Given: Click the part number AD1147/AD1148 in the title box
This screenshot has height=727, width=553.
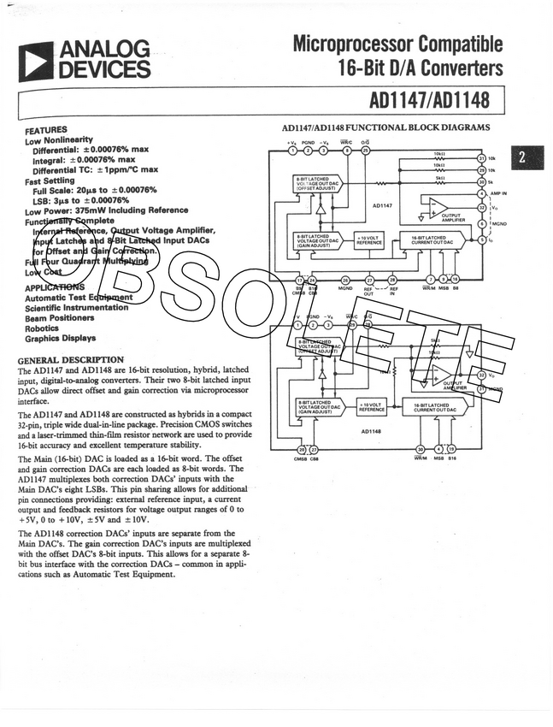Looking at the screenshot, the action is (429, 100).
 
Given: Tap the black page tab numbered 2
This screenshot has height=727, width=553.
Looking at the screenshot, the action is (524, 157).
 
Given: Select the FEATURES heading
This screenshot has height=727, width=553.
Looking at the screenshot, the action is (46, 129).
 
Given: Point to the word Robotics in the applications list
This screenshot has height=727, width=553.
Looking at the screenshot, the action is (42, 328).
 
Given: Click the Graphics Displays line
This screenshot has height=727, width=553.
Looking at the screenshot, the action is (60, 339).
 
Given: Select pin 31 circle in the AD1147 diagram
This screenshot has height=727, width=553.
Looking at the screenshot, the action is (481, 158).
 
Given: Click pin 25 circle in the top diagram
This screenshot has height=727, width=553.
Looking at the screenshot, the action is (366, 151).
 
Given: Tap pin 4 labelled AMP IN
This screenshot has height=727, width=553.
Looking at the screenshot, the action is (481, 193).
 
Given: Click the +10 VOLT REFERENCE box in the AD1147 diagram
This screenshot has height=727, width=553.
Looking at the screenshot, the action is (369, 240).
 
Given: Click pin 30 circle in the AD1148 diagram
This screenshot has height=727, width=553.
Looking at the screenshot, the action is (420, 448).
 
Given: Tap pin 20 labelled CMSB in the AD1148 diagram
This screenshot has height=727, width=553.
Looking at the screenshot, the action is (301, 449).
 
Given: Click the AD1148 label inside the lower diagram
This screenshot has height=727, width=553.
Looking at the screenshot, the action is (370, 430).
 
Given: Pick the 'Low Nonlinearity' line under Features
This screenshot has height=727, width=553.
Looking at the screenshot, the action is (59, 139).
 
